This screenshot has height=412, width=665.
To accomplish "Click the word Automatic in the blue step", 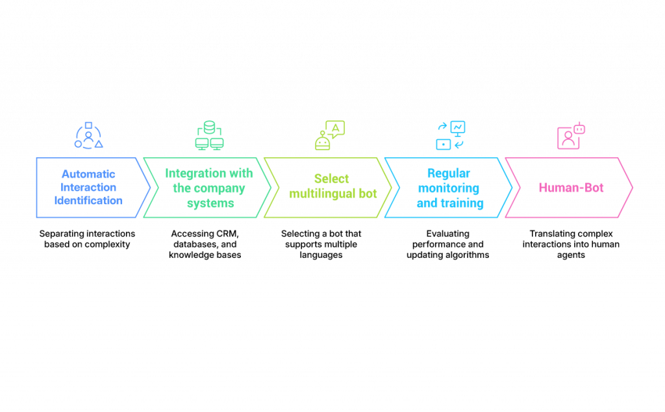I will pos(88,174).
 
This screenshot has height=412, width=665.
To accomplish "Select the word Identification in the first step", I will pos(88,201).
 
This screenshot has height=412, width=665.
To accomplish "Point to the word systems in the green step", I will pos(208,203).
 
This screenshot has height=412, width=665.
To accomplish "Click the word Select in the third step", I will pos(331,179).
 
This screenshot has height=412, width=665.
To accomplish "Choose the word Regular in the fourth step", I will pos(449,174).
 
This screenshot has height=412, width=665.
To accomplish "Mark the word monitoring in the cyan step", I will pos(449,188).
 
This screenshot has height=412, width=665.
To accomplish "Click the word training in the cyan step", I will pos(462,203).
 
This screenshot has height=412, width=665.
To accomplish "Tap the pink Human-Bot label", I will pos(571,188).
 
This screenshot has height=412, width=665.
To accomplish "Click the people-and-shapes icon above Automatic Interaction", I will pos(88,135).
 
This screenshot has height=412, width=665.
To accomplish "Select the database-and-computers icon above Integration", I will pos(209,135).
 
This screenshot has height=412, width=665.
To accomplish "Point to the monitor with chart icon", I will pos(458,128).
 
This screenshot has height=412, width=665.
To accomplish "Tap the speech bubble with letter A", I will pos(336,128).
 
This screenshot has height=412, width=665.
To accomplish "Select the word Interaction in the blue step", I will pos(88,188).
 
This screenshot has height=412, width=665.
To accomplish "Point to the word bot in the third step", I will pos(368,194).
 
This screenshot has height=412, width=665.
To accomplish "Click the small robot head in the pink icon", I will pos(579,129).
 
